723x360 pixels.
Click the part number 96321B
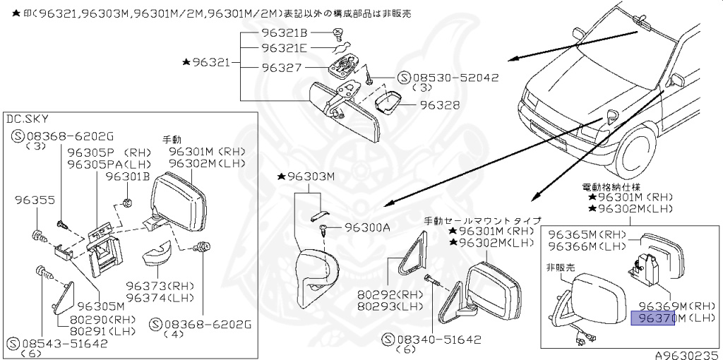point(285,33)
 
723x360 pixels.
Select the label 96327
point(282,68)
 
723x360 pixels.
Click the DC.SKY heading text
point(28,119)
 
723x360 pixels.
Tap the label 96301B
point(128,177)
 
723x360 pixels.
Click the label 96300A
point(367,227)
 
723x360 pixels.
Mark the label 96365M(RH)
point(587,234)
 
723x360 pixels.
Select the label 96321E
point(285,48)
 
